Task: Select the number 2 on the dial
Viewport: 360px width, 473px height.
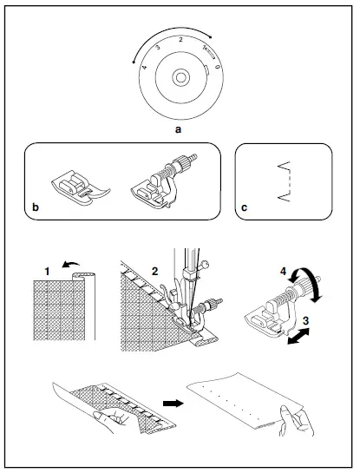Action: (180, 41)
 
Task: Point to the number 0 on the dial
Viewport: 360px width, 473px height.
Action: (217, 64)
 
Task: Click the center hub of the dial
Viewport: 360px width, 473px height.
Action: (179, 78)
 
